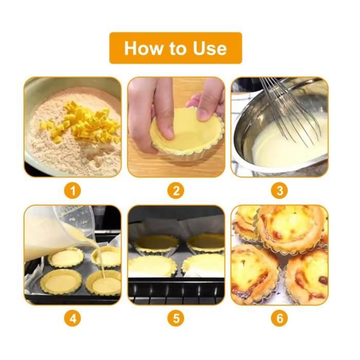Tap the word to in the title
pyautogui.click(x=179, y=49)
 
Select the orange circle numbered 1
pyautogui.click(x=73, y=191)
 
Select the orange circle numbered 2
pyautogui.click(x=176, y=191)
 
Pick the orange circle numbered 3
pyautogui.click(x=279, y=191)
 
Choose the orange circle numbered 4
pyautogui.click(x=73, y=318)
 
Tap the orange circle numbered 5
pyautogui.click(x=176, y=318)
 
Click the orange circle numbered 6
pyautogui.click(x=279, y=318)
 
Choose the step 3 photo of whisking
pyautogui.click(x=279, y=127)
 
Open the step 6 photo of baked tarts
pyautogui.click(x=279, y=255)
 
